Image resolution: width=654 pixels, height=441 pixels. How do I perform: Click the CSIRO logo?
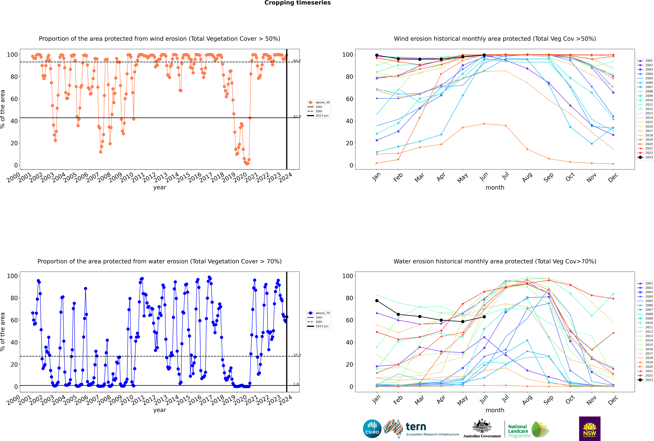point(372,429)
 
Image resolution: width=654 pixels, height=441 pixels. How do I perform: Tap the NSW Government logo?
point(590,428)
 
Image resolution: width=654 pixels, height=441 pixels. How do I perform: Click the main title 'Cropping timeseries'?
point(297,3)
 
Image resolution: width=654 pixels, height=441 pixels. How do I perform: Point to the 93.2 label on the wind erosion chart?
point(297,61)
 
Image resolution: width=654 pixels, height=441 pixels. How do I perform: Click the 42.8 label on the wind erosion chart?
point(297,116)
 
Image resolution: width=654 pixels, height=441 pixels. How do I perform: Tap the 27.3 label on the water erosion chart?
point(297,355)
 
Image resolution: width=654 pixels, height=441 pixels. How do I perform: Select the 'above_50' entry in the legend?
point(319,102)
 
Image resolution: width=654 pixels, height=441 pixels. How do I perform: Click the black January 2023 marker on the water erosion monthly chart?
point(377,301)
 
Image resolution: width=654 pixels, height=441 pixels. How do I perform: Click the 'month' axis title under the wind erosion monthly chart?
point(495,188)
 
